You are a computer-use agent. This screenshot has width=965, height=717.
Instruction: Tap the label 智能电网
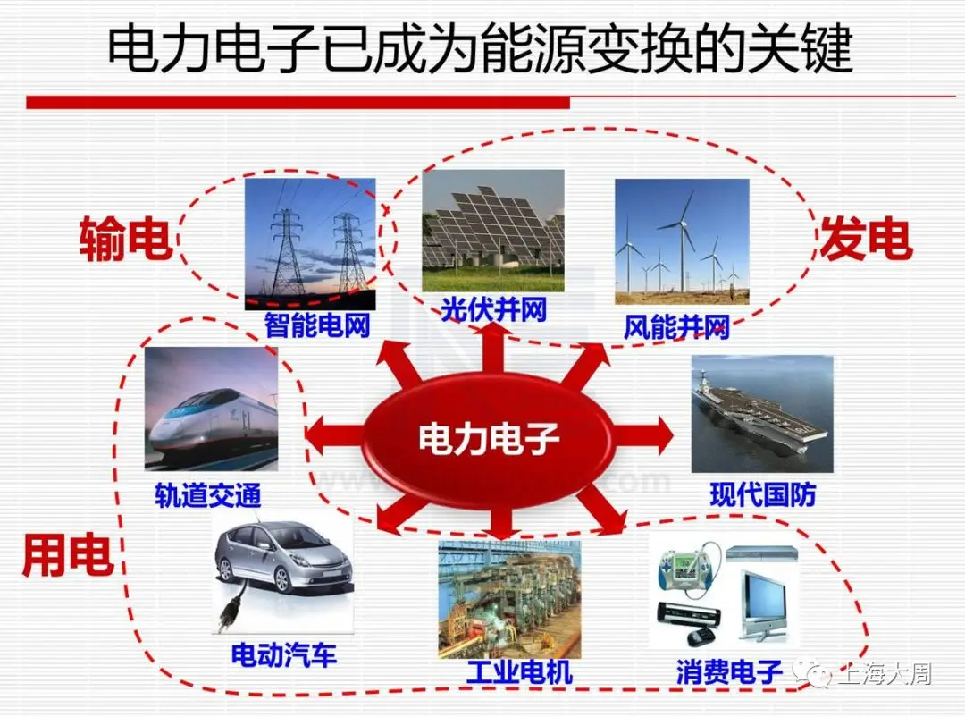(x=316, y=324)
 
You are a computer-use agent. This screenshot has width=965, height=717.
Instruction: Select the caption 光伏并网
(x=493, y=309)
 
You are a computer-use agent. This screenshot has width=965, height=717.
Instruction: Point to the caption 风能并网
(x=676, y=326)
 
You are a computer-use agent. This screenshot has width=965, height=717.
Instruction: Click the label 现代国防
(x=762, y=494)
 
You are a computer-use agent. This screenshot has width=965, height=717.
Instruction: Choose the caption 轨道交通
(x=208, y=495)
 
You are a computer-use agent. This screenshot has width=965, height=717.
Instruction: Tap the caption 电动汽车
(x=284, y=655)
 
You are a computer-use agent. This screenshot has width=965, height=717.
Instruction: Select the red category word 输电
(x=125, y=240)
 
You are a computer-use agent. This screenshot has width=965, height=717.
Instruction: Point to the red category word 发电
(x=865, y=239)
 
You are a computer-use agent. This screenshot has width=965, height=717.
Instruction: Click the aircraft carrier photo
(x=761, y=414)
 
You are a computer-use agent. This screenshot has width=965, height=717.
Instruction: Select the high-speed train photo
(x=211, y=409)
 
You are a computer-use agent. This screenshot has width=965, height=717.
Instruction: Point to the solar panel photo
(x=493, y=230)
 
